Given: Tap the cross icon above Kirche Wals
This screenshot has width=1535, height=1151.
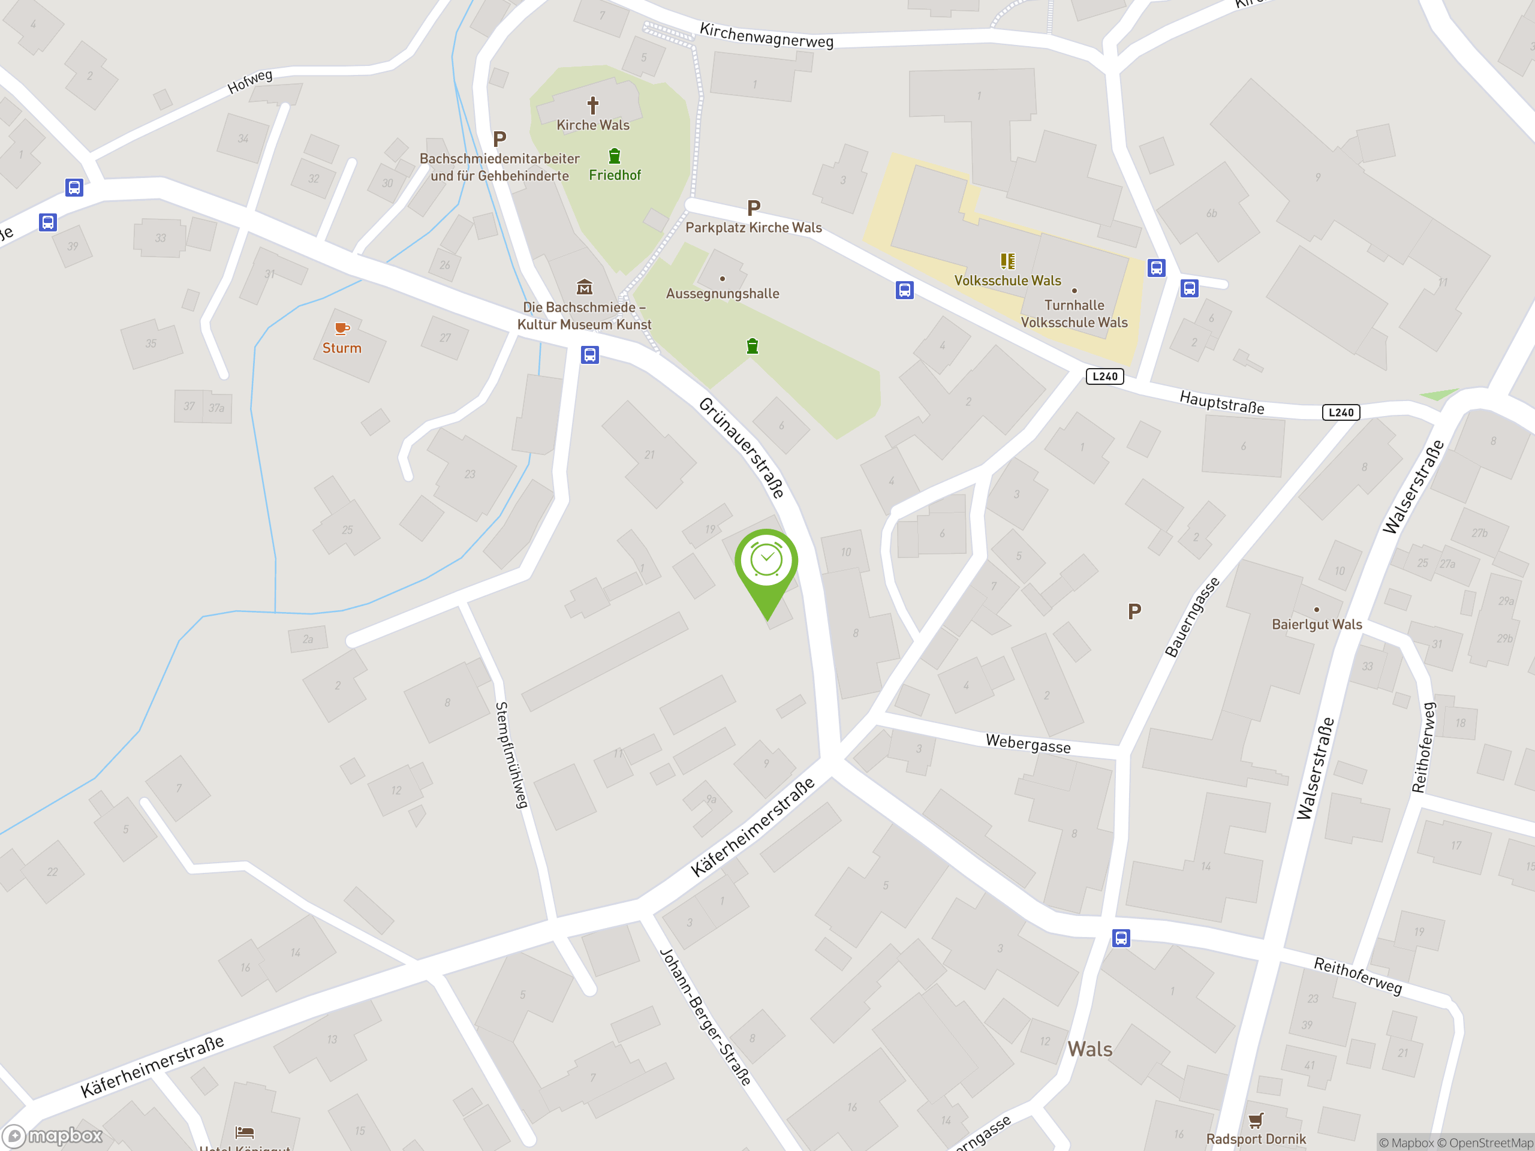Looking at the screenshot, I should pyautogui.click(x=592, y=106).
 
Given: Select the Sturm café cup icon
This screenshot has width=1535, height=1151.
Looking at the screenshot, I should pyautogui.click(x=341, y=328).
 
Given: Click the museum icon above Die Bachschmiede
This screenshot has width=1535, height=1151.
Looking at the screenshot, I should pyautogui.click(x=584, y=287).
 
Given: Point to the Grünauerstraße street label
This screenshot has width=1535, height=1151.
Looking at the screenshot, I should pyautogui.click(x=741, y=447).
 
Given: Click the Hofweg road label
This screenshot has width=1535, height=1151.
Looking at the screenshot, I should pyautogui.click(x=250, y=81).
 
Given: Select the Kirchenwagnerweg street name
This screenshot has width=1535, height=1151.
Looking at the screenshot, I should pyautogui.click(x=766, y=35).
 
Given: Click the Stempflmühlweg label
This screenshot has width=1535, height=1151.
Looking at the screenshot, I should pyautogui.click(x=511, y=755).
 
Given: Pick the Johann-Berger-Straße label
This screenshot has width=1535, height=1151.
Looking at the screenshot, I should pyautogui.click(x=705, y=1016).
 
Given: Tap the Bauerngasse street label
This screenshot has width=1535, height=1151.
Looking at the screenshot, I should pyautogui.click(x=1191, y=617).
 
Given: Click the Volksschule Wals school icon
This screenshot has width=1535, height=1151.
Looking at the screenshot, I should pyautogui.click(x=1007, y=261).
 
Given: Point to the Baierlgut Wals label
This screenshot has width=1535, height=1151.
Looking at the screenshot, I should pyautogui.click(x=1316, y=625).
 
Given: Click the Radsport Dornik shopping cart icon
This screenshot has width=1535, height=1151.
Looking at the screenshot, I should pyautogui.click(x=1256, y=1120).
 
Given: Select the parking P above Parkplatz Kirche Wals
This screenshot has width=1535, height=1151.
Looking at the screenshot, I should pyautogui.click(x=754, y=207).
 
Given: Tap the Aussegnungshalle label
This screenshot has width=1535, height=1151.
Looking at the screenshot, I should pyautogui.click(x=723, y=294).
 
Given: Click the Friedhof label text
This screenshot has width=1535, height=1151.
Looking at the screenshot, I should pyautogui.click(x=615, y=176).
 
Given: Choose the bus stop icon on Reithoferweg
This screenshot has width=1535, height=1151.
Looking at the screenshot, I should pyautogui.click(x=1121, y=938).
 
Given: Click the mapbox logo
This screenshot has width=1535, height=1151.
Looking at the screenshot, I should pyautogui.click(x=53, y=1136).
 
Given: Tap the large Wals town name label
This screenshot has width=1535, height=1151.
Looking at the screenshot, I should pyautogui.click(x=1089, y=1049).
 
